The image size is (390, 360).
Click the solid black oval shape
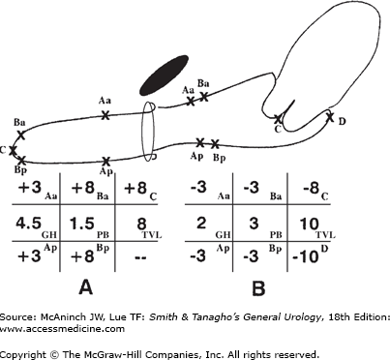(x=164, y=75)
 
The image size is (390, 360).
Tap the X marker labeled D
(x=330, y=116)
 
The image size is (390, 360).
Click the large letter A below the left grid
(x=85, y=287)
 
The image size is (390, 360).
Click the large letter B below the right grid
(x=258, y=287)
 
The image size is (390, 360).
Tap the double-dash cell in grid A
(x=139, y=257)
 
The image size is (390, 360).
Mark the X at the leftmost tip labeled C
(x=13, y=150)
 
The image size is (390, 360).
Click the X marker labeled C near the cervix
(x=278, y=119)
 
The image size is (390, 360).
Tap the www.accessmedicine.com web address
(x=62, y=329)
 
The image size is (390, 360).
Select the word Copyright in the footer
(x=23, y=354)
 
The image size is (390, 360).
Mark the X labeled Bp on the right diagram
(x=215, y=144)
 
